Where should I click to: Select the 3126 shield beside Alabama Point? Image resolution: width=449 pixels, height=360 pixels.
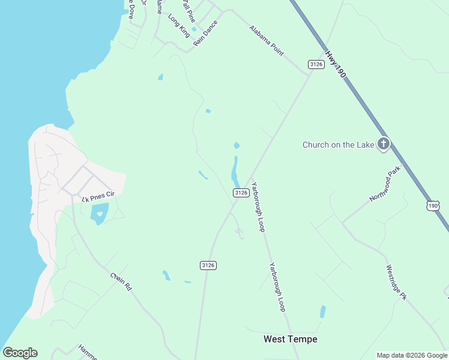316,64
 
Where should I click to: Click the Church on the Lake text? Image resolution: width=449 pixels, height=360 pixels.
337,145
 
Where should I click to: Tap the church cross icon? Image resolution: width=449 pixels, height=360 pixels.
383,144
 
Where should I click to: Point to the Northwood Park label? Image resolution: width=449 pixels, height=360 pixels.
385,185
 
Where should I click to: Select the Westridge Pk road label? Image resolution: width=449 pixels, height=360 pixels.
397,283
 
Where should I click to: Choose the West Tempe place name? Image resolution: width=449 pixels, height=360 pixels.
291,339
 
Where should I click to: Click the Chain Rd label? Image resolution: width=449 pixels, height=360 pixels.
121,282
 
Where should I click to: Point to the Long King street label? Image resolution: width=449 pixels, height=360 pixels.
179,26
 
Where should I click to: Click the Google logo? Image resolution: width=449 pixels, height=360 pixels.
20,352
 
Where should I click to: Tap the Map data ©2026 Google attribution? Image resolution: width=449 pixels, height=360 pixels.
412,355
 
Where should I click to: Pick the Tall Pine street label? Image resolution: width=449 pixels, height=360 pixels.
188,8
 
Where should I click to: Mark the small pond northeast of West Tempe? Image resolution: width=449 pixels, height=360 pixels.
323,311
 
